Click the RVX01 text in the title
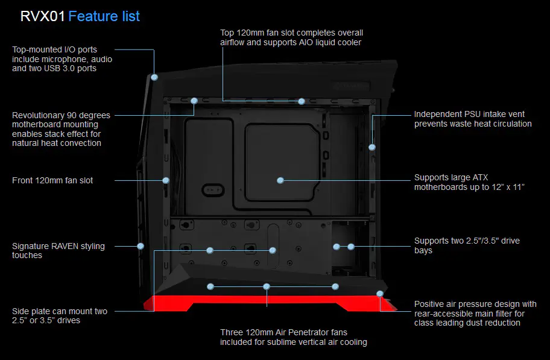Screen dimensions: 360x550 [42, 16]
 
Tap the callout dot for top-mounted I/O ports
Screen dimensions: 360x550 [155, 78]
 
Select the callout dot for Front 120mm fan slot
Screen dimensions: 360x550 [166, 180]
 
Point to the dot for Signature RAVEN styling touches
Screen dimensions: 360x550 [141, 246]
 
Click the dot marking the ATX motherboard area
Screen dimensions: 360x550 [280, 180]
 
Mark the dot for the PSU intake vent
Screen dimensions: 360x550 [372, 147]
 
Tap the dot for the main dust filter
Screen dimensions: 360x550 [379, 294]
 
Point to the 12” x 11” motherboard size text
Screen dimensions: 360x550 [504, 188]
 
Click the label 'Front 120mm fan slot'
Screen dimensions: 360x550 [52, 180]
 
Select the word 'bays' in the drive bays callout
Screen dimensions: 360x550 [423, 251]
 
